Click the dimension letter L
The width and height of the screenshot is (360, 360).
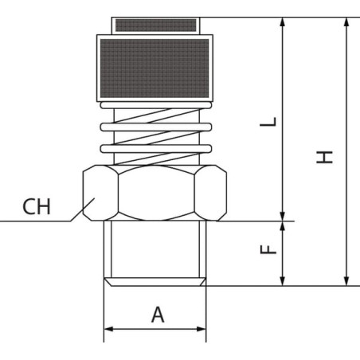[268, 122]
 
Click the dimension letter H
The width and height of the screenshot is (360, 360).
[324, 157]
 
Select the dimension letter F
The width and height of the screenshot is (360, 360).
[268, 249]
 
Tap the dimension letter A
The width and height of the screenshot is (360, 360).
[158, 315]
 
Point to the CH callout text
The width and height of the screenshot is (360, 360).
[37, 207]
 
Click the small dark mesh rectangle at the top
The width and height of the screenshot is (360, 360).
[156, 25]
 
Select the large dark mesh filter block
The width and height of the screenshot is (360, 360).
[155, 68]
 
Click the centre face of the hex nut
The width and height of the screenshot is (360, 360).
[156, 193]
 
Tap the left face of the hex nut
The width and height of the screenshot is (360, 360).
[100, 193]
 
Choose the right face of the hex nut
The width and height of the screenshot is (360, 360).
[210, 193]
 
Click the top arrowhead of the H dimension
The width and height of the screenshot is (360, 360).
[346, 22]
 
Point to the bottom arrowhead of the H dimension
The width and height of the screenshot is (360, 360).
[346, 281]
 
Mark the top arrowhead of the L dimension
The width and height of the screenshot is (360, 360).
[283, 22]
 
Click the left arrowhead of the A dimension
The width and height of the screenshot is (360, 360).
[109, 329]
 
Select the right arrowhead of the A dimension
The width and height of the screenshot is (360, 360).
[201, 329]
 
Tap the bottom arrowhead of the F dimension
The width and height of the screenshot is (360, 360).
[283, 281]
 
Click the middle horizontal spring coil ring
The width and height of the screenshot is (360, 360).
[156, 127]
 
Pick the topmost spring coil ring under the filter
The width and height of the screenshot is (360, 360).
[156, 105]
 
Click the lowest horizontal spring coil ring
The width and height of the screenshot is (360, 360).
[156, 149]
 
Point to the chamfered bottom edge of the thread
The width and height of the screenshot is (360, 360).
[155, 282]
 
